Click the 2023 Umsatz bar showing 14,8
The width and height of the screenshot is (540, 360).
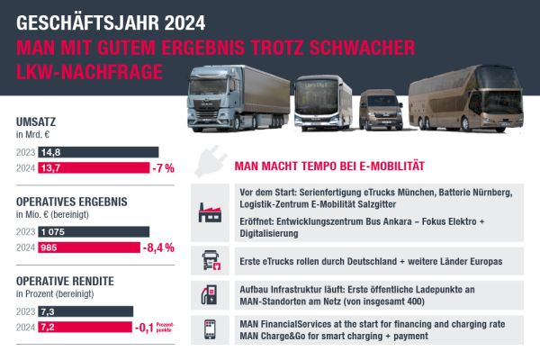pos(99,152)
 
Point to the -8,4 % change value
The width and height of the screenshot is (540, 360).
pos(157,247)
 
